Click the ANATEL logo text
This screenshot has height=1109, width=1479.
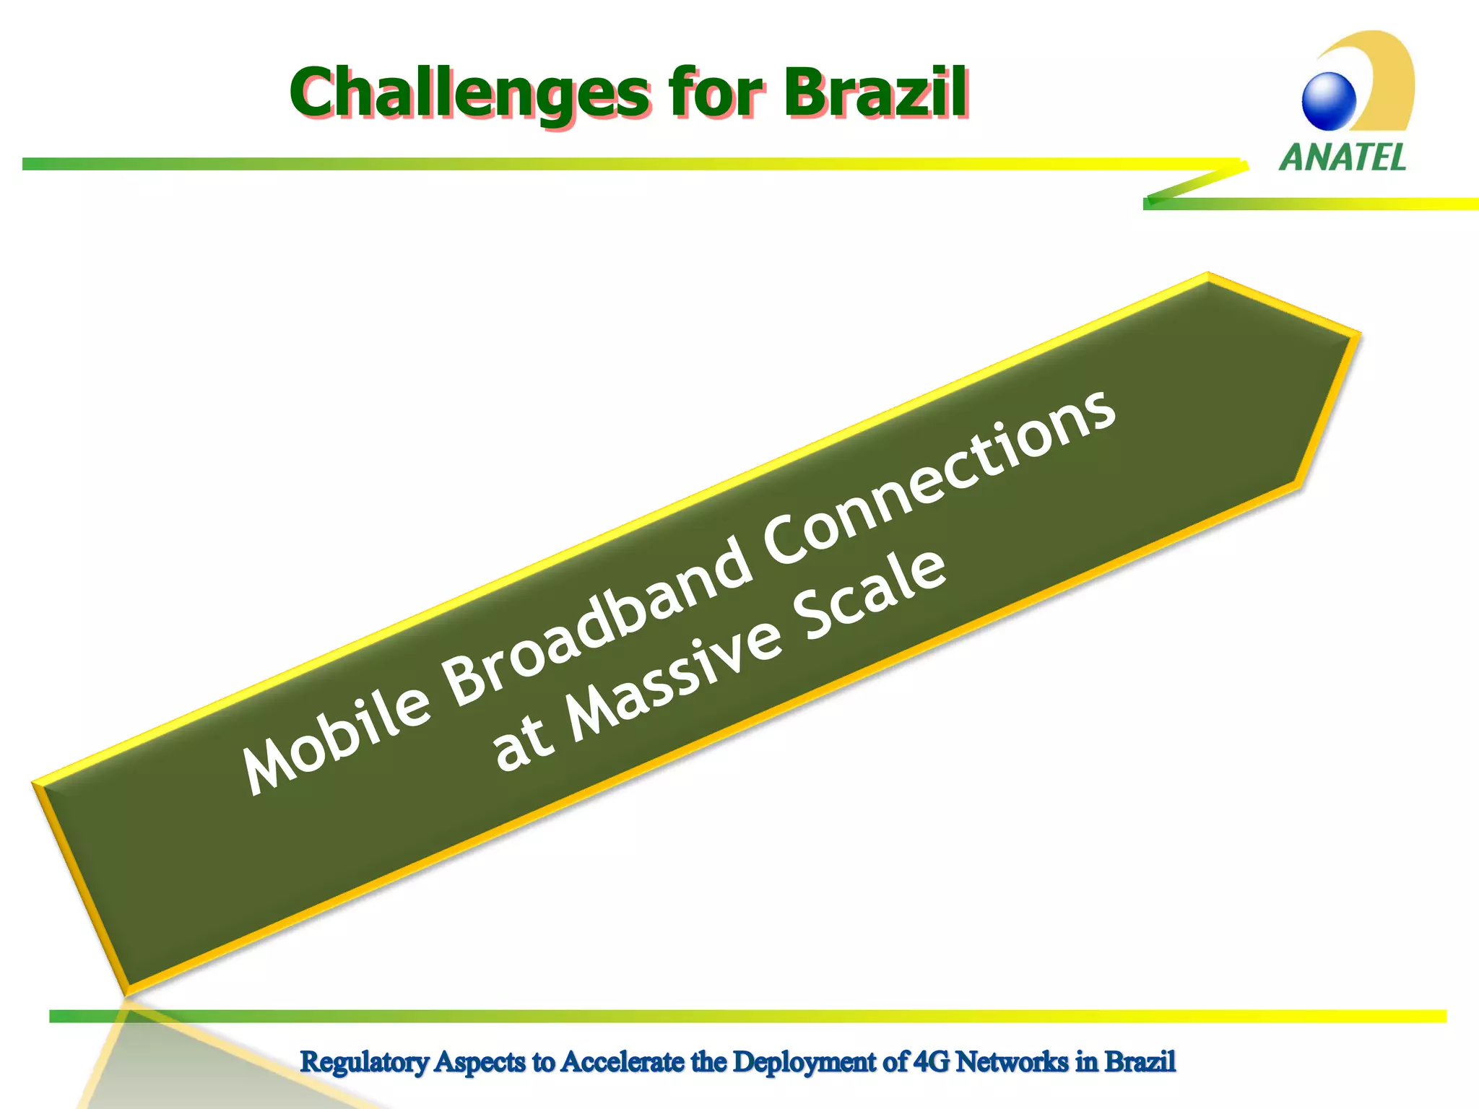(1343, 157)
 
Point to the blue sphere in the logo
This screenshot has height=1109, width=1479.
(1329, 101)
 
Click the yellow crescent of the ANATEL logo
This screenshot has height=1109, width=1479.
(1390, 79)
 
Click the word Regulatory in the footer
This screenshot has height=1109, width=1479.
(365, 1062)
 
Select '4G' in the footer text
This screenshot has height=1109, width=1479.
(932, 1061)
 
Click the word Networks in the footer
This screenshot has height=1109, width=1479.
(1012, 1061)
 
